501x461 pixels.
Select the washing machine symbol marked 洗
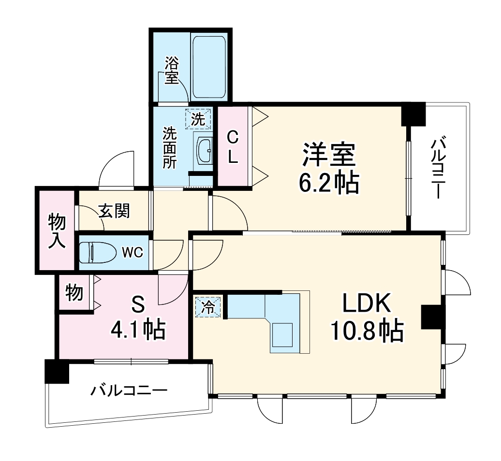click(x=198, y=119)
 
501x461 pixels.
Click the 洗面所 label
click(x=169, y=147)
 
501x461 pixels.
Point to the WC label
click(x=132, y=252)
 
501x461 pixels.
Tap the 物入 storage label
click(x=57, y=230)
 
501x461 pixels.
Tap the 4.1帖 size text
click(x=138, y=331)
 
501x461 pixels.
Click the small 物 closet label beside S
click(x=74, y=292)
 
